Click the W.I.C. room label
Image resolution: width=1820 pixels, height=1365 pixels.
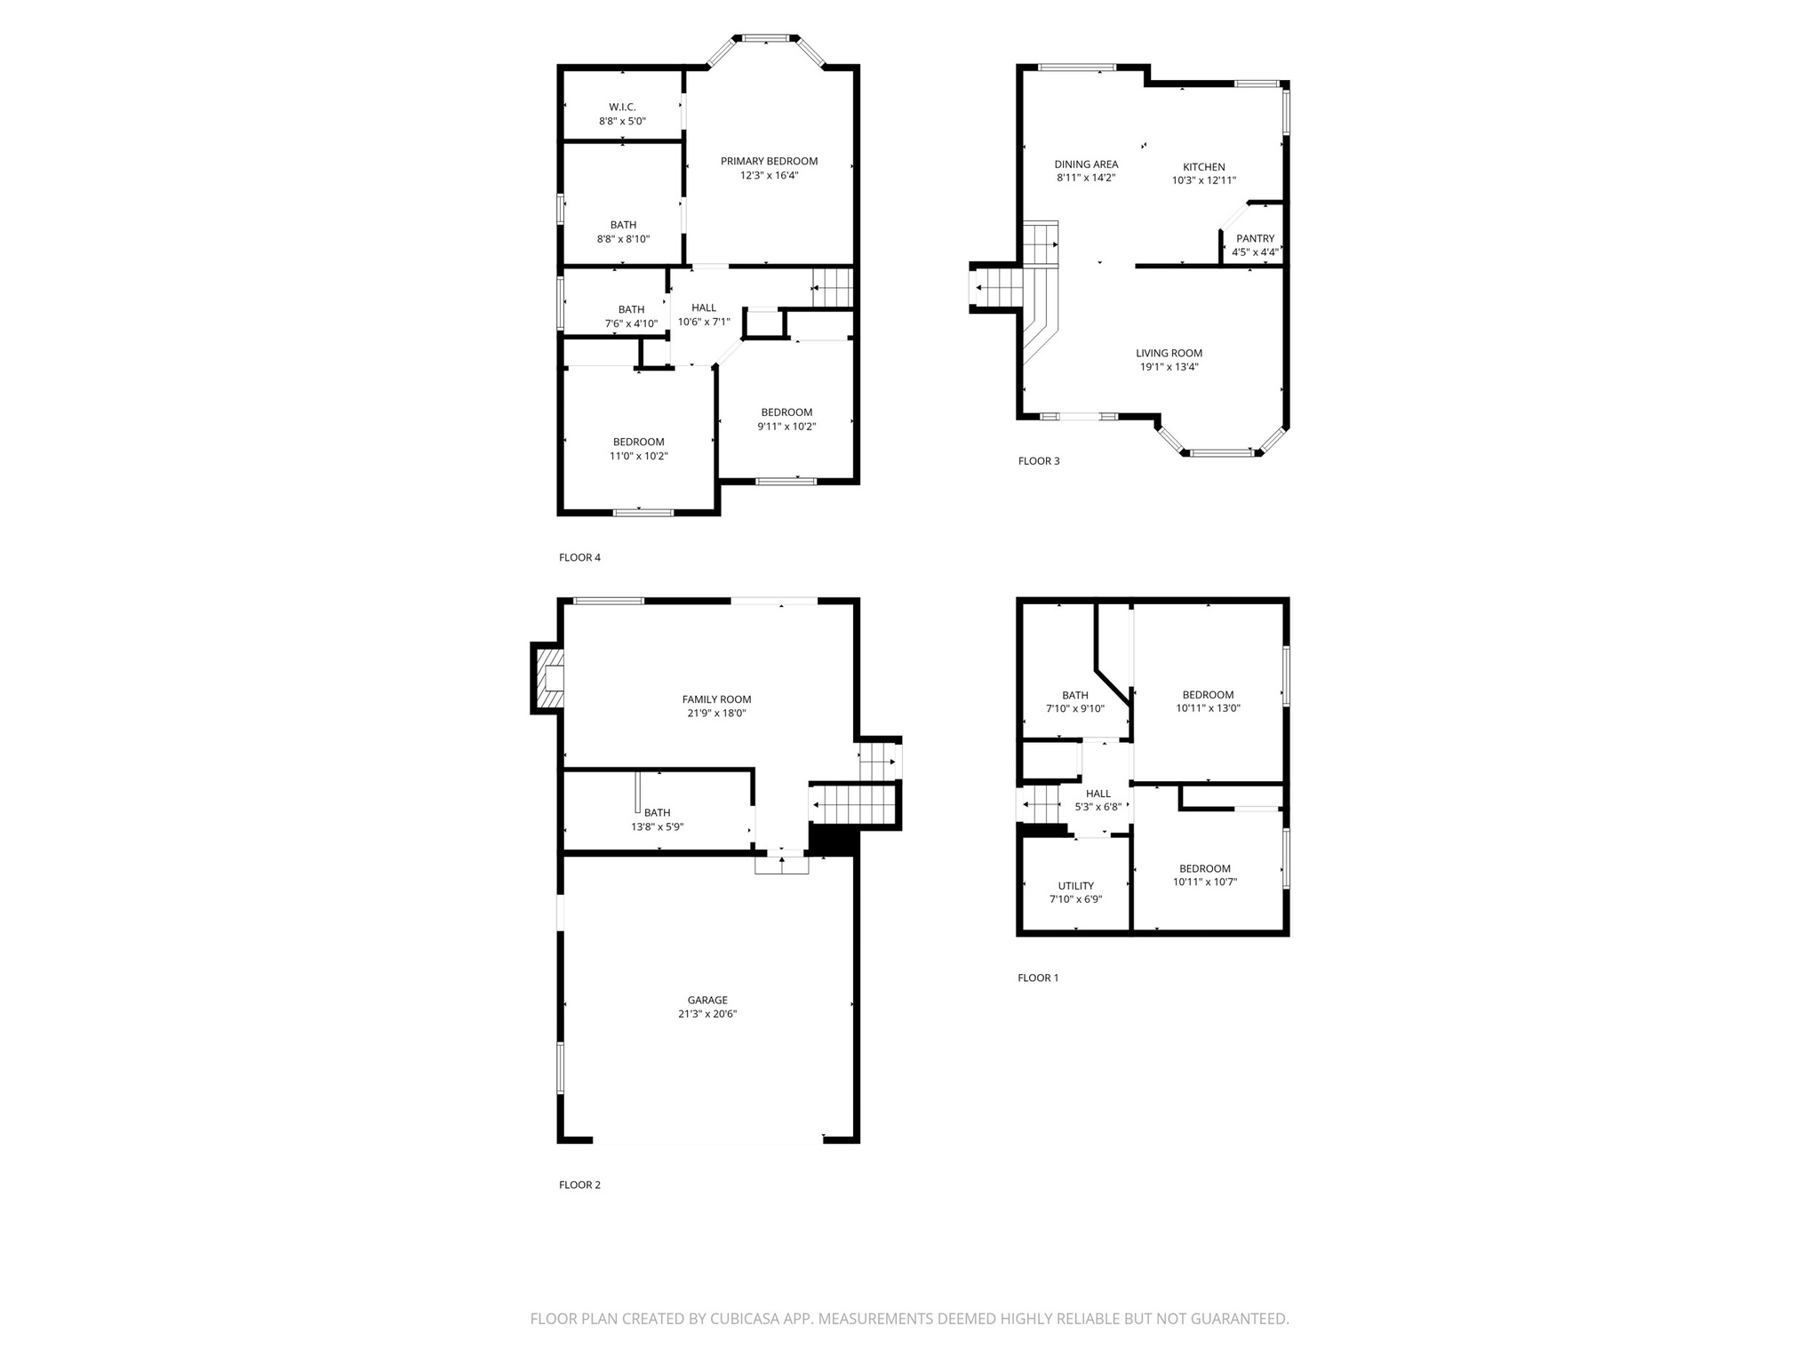(622, 107)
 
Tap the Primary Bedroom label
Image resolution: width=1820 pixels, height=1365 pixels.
(769, 161)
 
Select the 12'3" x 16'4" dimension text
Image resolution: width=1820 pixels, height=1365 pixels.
(769, 176)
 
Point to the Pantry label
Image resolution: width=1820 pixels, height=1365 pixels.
(1255, 238)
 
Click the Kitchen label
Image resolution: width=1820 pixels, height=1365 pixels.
(1203, 167)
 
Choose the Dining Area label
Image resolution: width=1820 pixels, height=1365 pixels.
(1086, 164)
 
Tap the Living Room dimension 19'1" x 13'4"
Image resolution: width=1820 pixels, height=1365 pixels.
(1169, 367)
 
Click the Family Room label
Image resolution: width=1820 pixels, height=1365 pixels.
(716, 699)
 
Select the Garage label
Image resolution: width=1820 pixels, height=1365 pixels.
(707, 1000)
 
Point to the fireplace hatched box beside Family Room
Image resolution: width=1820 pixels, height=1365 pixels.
(547, 678)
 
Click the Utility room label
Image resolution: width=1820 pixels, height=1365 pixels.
(1075, 886)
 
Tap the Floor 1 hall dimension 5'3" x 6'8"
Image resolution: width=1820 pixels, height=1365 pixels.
(1098, 808)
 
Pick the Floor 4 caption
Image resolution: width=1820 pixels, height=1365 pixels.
(579, 558)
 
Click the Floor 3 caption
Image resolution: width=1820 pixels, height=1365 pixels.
(1038, 461)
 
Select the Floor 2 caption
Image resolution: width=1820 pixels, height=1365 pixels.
(579, 1185)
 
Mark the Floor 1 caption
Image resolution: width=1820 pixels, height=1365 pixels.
(1038, 978)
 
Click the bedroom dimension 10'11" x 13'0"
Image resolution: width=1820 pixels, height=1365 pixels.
(1208, 709)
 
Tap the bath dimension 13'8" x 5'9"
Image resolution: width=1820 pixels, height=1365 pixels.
(657, 826)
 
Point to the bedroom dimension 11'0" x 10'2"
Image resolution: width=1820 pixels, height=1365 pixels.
(638, 456)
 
